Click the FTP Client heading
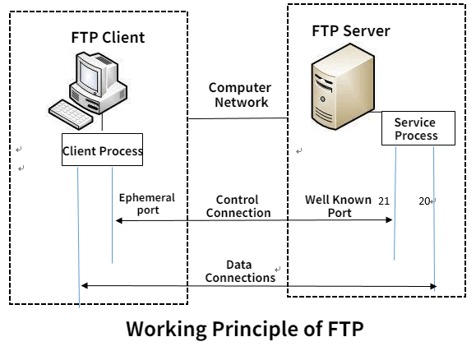(x=107, y=38)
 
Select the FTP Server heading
(x=350, y=31)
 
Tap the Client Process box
(x=103, y=150)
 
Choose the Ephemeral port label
(x=147, y=204)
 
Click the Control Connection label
(x=238, y=206)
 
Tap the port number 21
(x=383, y=201)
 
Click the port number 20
(x=423, y=201)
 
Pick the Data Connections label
(x=240, y=271)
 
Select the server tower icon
(x=339, y=88)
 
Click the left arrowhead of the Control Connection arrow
(x=118, y=220)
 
